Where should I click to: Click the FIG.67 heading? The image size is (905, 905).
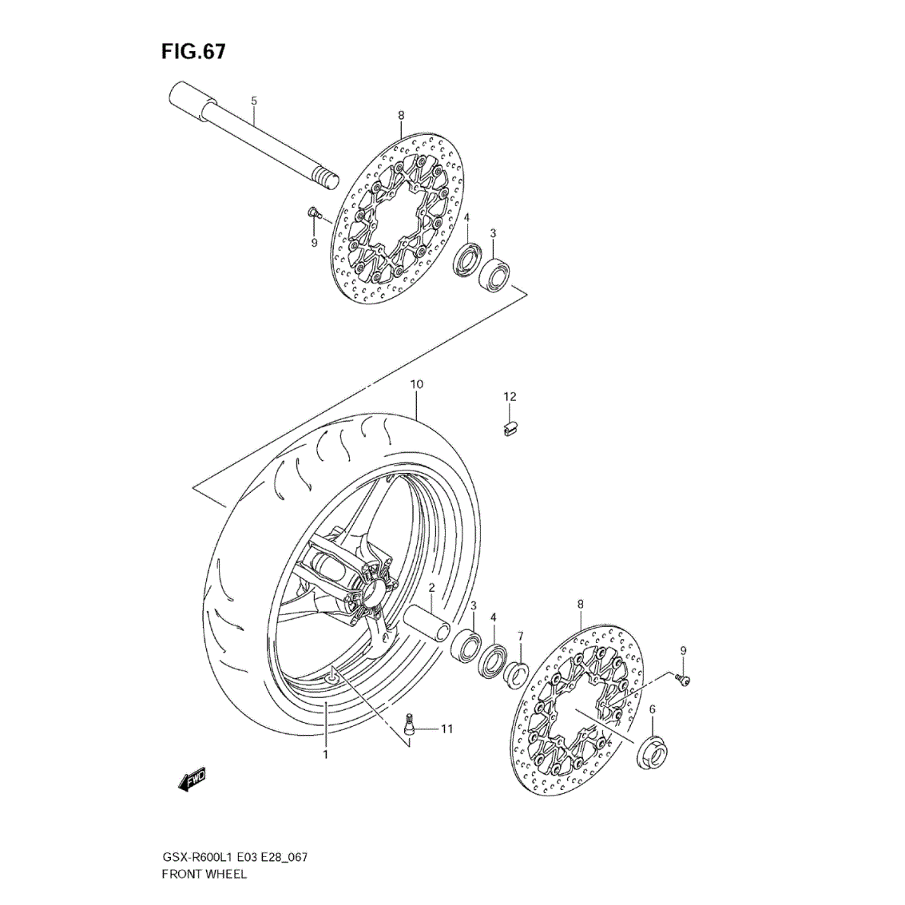coord(193,51)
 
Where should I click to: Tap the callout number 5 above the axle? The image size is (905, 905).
coord(254,101)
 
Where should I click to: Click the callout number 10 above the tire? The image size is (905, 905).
coord(417,384)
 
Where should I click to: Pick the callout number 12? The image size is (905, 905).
coord(510,396)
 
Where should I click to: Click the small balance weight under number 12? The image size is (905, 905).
coord(509,428)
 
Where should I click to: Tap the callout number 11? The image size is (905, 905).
coord(447,729)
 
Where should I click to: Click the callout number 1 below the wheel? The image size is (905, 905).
coord(326,754)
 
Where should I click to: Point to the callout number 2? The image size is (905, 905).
coord(431,588)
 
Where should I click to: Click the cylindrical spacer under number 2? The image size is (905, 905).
coord(427,625)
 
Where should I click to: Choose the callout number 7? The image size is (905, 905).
coord(521,636)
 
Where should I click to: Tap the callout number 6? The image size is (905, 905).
coord(653,709)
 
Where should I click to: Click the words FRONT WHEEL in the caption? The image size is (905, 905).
coord(204,874)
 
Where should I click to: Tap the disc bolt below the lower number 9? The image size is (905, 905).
coord(683,681)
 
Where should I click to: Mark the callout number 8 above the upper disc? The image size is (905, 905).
coord(401,116)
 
